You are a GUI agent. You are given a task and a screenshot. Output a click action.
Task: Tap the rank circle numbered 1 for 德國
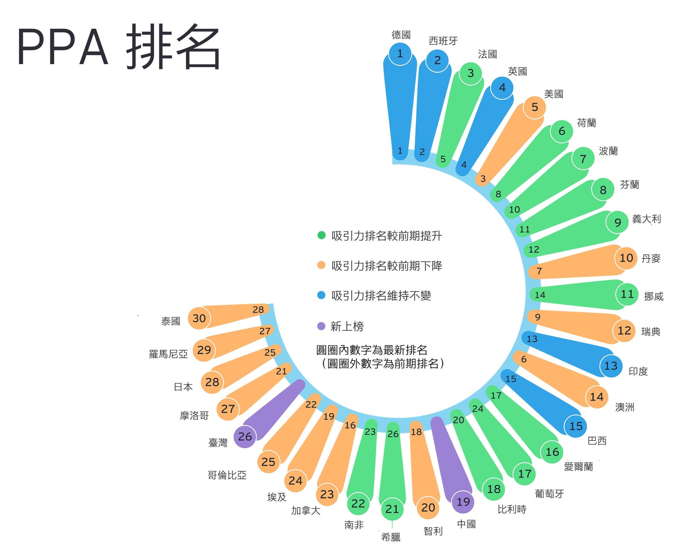click(400, 54)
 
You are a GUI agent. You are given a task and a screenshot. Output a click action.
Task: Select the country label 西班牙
click(443, 41)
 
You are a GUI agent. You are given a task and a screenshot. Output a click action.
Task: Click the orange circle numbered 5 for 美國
click(534, 107)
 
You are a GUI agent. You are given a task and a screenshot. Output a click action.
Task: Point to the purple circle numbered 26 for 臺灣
click(245, 436)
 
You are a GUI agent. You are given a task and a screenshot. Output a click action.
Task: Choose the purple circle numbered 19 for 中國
click(463, 502)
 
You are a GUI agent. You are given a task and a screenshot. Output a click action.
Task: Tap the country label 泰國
click(171, 321)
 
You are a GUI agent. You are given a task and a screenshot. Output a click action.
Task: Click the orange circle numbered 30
click(199, 318)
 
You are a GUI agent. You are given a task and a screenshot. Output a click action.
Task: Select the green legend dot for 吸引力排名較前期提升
click(322, 235)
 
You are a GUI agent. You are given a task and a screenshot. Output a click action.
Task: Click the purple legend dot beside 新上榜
click(321, 326)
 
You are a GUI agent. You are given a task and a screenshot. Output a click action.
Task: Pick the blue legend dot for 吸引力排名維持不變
click(321, 295)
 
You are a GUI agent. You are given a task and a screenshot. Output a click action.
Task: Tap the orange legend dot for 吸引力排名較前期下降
click(321, 265)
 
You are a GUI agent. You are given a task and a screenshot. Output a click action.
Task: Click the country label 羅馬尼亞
click(168, 354)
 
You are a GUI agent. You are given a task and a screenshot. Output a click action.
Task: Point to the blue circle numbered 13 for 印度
click(611, 366)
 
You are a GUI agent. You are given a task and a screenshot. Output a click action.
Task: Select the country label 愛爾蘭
click(578, 467)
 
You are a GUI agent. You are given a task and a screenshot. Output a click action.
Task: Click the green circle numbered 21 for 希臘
click(392, 509)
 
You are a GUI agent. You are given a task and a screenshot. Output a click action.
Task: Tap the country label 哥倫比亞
click(227, 475)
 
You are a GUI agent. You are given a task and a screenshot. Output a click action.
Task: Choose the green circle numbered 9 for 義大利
click(617, 222)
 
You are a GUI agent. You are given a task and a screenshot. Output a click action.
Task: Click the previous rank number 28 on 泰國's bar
click(258, 310)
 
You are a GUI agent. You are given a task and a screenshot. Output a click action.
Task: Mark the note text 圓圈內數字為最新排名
click(372, 350)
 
